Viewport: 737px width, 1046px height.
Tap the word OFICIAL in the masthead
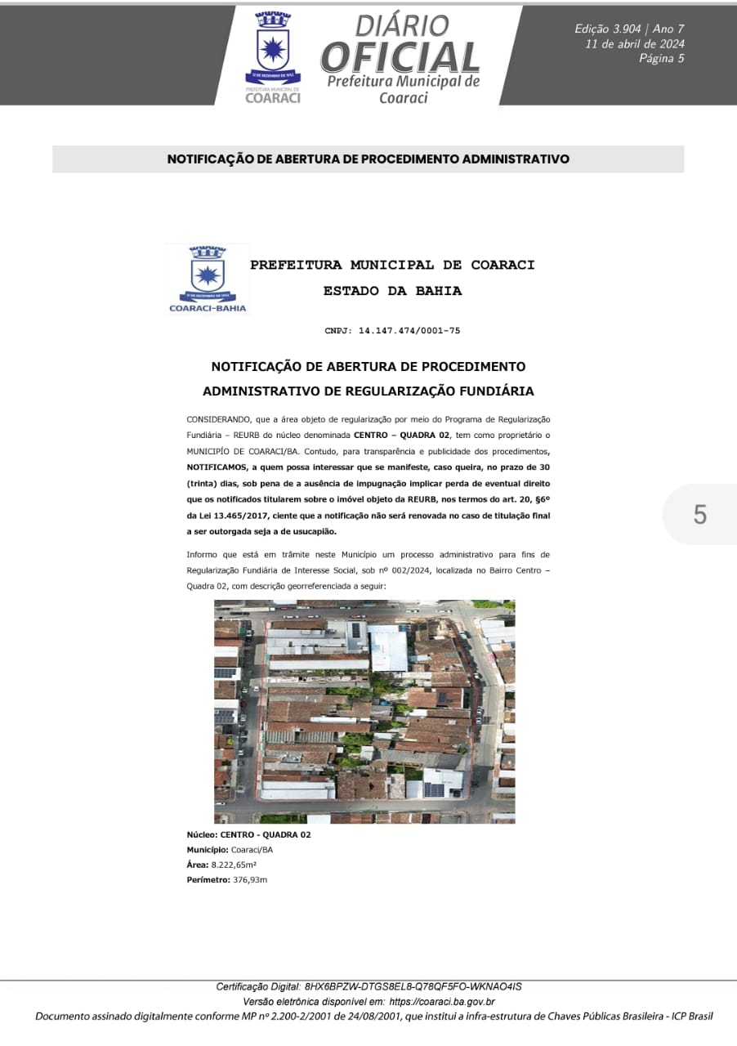(x=400, y=56)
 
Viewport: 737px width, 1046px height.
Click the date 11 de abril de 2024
(x=635, y=44)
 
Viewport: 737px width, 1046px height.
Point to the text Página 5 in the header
(x=661, y=58)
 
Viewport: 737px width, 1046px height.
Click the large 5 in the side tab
(x=699, y=515)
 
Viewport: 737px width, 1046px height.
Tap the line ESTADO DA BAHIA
(x=392, y=290)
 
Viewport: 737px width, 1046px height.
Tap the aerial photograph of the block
(x=364, y=711)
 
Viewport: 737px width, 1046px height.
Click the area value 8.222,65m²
(x=234, y=865)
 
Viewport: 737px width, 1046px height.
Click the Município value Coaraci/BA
(x=252, y=850)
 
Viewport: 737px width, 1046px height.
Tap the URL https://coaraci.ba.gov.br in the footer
(x=442, y=1001)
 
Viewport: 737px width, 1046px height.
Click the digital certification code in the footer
(x=413, y=986)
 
